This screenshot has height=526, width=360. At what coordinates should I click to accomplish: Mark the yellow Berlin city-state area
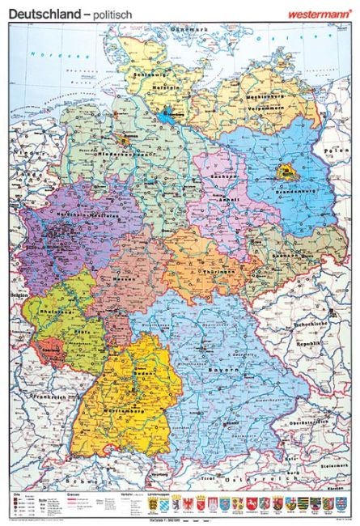(x=285, y=171)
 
